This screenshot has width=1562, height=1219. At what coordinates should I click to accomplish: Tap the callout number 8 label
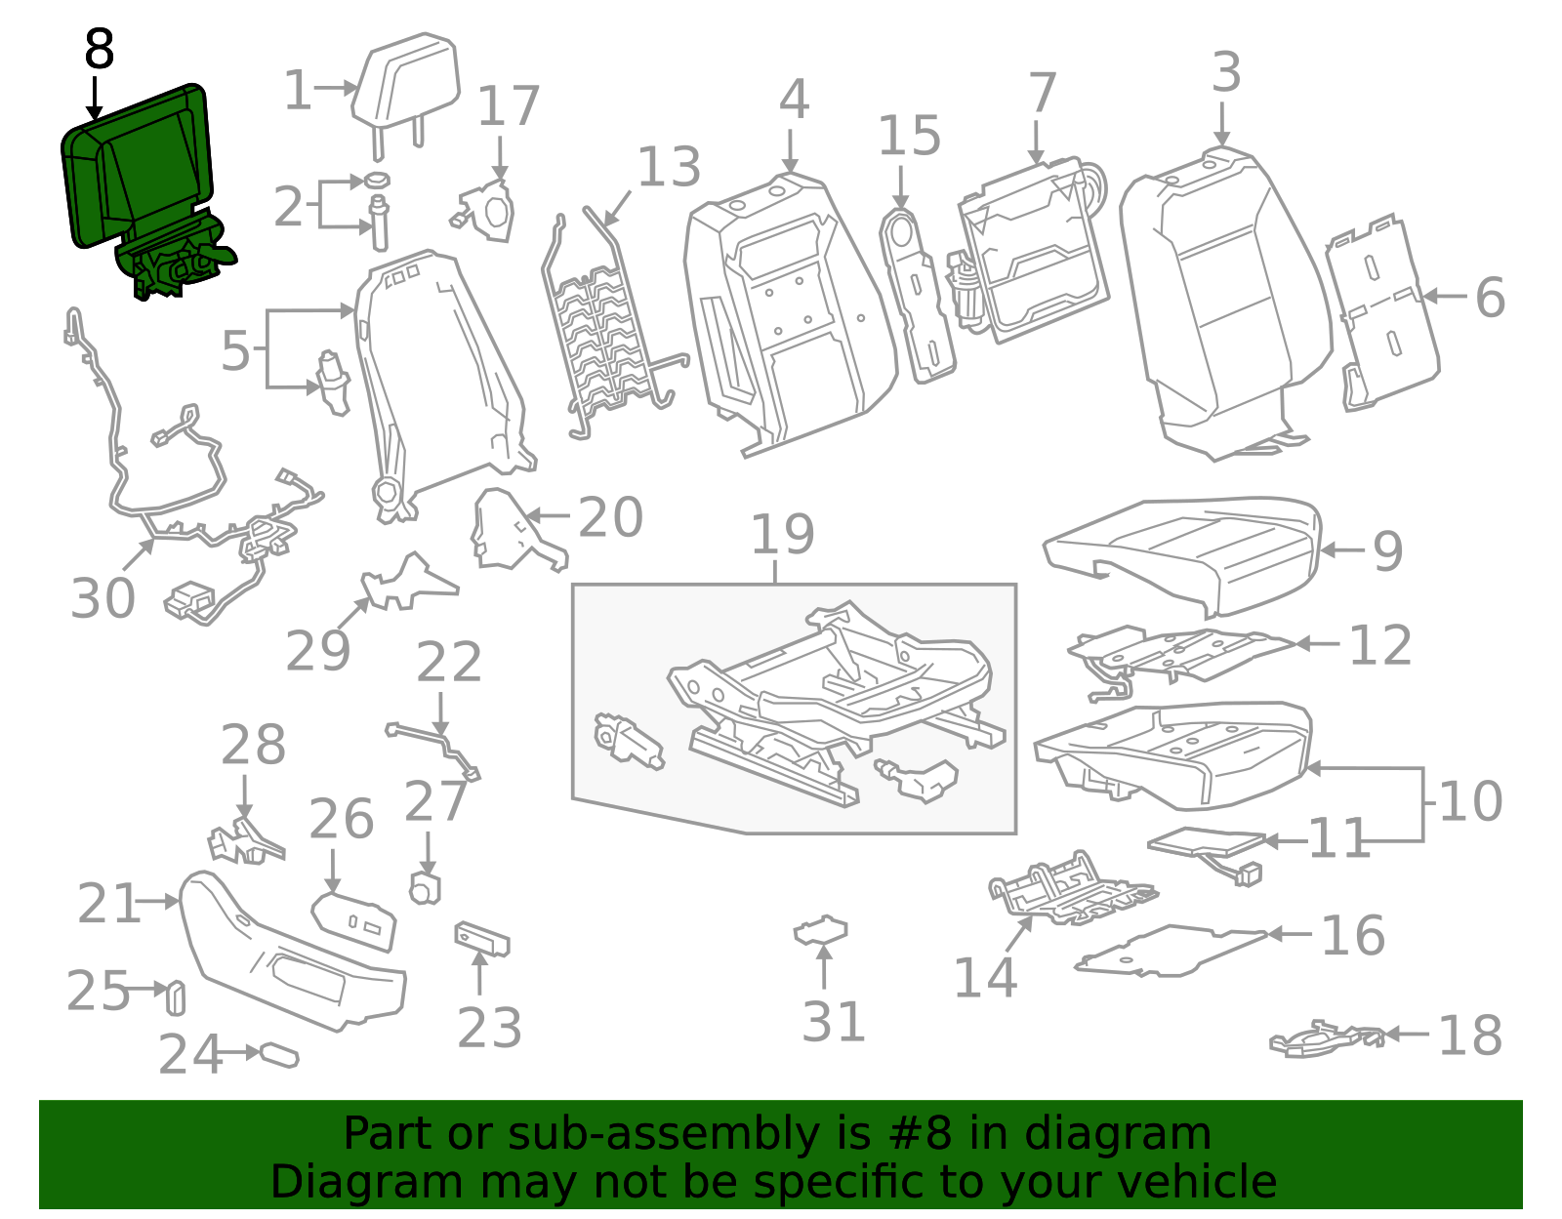click(x=99, y=49)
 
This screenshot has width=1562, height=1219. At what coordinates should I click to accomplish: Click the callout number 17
click(x=508, y=106)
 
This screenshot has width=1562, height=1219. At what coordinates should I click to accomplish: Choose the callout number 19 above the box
click(x=782, y=535)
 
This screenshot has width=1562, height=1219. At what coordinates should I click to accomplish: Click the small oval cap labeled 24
click(x=279, y=1055)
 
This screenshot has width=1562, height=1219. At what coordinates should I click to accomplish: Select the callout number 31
click(x=834, y=1022)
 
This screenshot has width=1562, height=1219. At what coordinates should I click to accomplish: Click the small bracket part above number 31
click(x=821, y=931)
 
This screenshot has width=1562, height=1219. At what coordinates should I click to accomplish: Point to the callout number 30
click(x=103, y=598)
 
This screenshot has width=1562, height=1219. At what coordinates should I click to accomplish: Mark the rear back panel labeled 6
click(x=1381, y=312)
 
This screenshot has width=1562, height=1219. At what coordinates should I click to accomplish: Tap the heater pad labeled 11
click(x=1206, y=842)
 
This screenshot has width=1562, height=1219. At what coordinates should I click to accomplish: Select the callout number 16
click(x=1352, y=936)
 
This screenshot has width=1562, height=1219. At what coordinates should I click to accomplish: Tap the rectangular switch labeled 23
click(x=481, y=940)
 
